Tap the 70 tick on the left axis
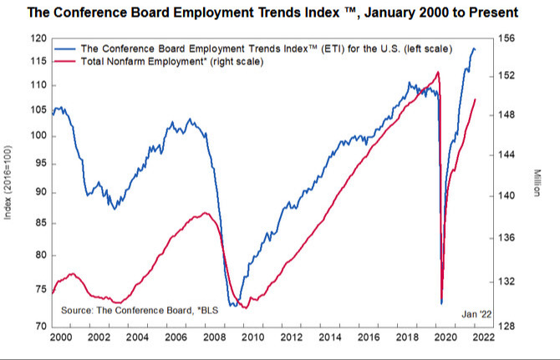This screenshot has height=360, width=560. tap(38, 326)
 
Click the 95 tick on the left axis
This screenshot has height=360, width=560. tap(38, 165)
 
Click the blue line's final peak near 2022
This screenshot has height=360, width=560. tap(474, 48)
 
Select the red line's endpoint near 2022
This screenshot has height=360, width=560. tap(476, 99)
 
